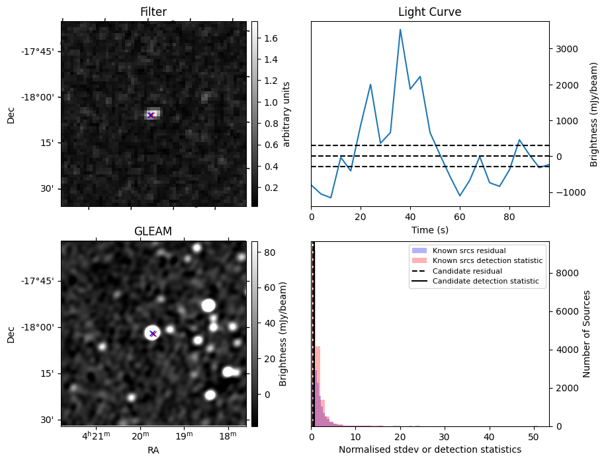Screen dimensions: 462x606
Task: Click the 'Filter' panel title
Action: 153,12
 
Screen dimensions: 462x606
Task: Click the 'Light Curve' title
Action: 429,12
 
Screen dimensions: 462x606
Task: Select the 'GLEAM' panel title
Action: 153,231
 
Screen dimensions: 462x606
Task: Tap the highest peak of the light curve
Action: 400,30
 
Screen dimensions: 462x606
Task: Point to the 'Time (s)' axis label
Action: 429,229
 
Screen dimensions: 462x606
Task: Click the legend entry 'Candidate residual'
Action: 467,272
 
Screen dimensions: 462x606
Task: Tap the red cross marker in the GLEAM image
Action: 153,334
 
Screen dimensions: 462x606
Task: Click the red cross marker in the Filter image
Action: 151,115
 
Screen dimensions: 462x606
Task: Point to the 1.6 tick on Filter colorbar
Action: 271,38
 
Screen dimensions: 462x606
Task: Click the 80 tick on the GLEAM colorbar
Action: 269,252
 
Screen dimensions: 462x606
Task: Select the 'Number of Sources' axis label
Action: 587,334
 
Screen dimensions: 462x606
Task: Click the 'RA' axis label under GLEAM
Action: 153,450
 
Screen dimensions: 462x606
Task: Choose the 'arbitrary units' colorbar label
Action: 286,114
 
